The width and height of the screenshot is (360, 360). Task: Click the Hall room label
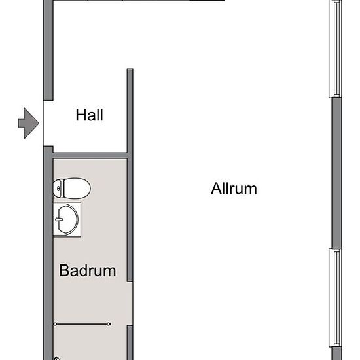(x=89, y=115)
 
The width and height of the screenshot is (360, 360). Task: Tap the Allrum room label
(x=234, y=189)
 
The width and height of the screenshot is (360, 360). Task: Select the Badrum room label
(x=88, y=270)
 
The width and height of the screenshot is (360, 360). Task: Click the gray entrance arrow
(x=28, y=123)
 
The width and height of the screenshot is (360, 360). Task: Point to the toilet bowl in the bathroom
(x=77, y=189)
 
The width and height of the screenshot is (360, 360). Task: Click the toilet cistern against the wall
(x=58, y=189)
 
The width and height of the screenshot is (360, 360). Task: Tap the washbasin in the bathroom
(x=67, y=219)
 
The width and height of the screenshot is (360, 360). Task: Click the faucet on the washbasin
(x=59, y=219)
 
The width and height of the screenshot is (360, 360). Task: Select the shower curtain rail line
(x=82, y=324)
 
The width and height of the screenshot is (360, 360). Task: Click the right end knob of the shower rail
(x=109, y=324)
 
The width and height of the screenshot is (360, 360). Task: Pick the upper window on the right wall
(x=335, y=48)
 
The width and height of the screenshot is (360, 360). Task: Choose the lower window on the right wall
(x=335, y=298)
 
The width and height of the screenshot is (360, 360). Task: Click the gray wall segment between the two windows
(x=337, y=173)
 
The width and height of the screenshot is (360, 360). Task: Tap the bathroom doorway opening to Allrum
(x=130, y=304)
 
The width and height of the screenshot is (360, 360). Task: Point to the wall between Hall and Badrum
(x=90, y=155)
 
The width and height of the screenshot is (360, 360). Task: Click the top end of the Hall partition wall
(x=130, y=69)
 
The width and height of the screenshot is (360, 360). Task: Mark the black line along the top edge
(x=139, y=1)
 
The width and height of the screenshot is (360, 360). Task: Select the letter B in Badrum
(x=64, y=270)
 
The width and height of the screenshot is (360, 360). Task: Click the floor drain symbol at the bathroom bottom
(x=57, y=359)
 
